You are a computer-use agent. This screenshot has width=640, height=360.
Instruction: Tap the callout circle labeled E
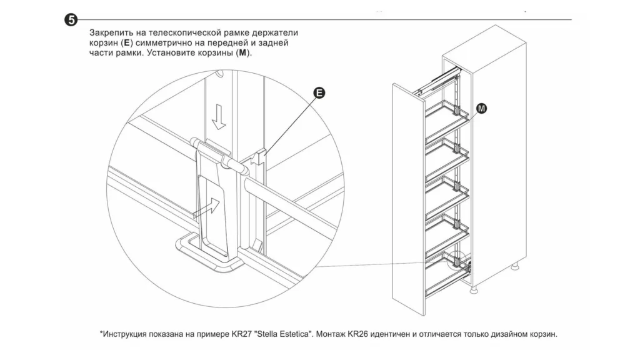click(319, 93)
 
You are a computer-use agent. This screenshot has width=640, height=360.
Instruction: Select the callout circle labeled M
click(482, 109)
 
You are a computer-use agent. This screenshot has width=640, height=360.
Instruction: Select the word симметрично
click(164, 43)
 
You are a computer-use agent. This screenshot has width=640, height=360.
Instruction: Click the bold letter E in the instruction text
click(127, 43)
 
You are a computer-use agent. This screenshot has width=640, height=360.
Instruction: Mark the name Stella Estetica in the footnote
click(285, 334)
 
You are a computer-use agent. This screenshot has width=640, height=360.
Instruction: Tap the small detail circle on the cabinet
click(460, 259)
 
